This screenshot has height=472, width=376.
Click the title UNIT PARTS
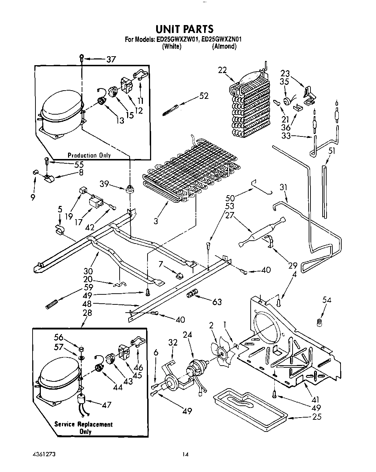click(x=184, y=29)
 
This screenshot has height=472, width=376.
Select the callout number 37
click(x=111, y=59)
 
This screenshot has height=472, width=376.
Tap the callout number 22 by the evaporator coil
click(x=222, y=71)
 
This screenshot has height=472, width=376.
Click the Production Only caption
click(x=89, y=155)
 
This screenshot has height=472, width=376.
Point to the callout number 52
click(x=204, y=96)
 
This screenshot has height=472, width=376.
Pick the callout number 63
click(x=217, y=302)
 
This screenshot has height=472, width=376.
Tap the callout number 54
click(x=326, y=300)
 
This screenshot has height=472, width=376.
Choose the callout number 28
click(x=87, y=313)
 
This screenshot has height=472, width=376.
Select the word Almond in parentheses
click(x=224, y=47)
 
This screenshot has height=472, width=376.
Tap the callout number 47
click(x=106, y=405)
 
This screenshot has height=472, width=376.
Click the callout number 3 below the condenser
click(x=156, y=221)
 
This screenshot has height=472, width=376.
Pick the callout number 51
click(x=332, y=151)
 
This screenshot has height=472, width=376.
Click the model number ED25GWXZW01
click(x=177, y=40)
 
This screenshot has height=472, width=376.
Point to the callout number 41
click(x=315, y=400)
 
